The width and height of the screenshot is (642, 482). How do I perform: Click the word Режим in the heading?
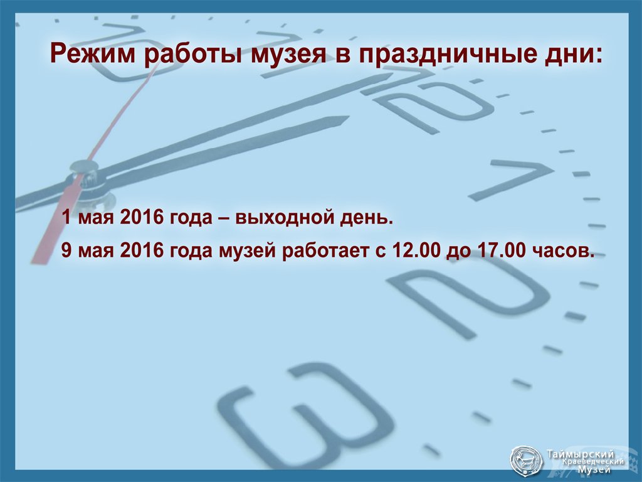(93, 54)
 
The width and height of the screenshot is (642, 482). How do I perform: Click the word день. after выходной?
(366, 217)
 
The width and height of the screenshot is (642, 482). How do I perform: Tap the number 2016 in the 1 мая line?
(142, 217)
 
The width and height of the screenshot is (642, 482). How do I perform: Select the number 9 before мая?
(66, 250)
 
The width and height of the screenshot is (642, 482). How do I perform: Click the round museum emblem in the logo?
(526, 460)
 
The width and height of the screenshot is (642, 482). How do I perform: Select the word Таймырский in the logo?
(580, 454)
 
